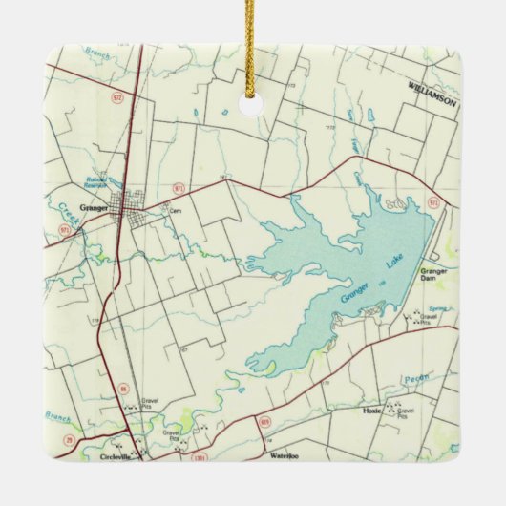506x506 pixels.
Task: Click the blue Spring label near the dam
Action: (437, 307)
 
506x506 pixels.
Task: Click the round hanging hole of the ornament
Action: (252, 103)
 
